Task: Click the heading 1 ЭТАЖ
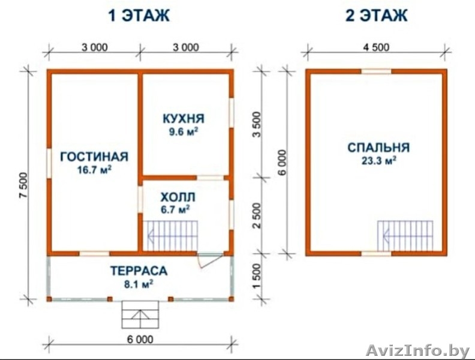pyautogui.click(x=139, y=16)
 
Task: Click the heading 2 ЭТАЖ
pyautogui.click(x=376, y=16)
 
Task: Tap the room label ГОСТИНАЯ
pyautogui.click(x=94, y=157)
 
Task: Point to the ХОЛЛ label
pyautogui.click(x=178, y=197)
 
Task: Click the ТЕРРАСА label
pyautogui.click(x=139, y=271)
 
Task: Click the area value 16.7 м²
pyautogui.click(x=95, y=170)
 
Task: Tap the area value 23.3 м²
pyautogui.click(x=378, y=161)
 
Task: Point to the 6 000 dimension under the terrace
pyautogui.click(x=140, y=340)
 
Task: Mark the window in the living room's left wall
pyautogui.click(x=49, y=162)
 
